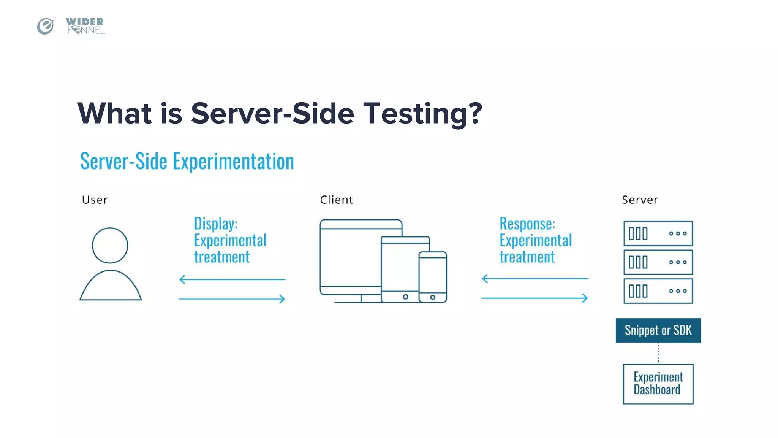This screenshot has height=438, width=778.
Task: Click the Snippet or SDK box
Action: point(658,330)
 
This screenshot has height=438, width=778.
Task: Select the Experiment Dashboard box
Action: point(658,384)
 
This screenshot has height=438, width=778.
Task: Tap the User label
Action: point(95,200)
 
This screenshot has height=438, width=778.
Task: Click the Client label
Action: point(336,200)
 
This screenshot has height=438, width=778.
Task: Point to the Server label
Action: point(640,200)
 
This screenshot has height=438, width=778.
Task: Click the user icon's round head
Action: point(110,246)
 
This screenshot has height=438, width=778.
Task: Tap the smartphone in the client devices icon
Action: point(433,277)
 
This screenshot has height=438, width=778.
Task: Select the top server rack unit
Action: point(658,233)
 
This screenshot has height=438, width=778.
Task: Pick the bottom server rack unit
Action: point(658,291)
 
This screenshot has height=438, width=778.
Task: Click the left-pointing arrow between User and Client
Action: point(232,279)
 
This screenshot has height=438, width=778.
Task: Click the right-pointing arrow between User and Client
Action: point(232,299)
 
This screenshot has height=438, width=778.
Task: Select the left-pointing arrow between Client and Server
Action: point(535,279)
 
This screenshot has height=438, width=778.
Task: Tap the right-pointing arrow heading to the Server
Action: point(535,298)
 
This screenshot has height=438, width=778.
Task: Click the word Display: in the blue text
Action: point(216,224)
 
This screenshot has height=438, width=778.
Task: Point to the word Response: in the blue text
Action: point(527,224)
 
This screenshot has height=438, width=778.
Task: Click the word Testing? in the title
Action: point(422,114)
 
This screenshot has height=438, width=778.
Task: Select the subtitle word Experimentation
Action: point(233,161)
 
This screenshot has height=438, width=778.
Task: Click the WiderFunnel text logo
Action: point(85,26)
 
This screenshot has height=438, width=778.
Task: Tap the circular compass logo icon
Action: point(46,26)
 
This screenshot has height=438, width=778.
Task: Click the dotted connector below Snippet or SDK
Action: point(658,353)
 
